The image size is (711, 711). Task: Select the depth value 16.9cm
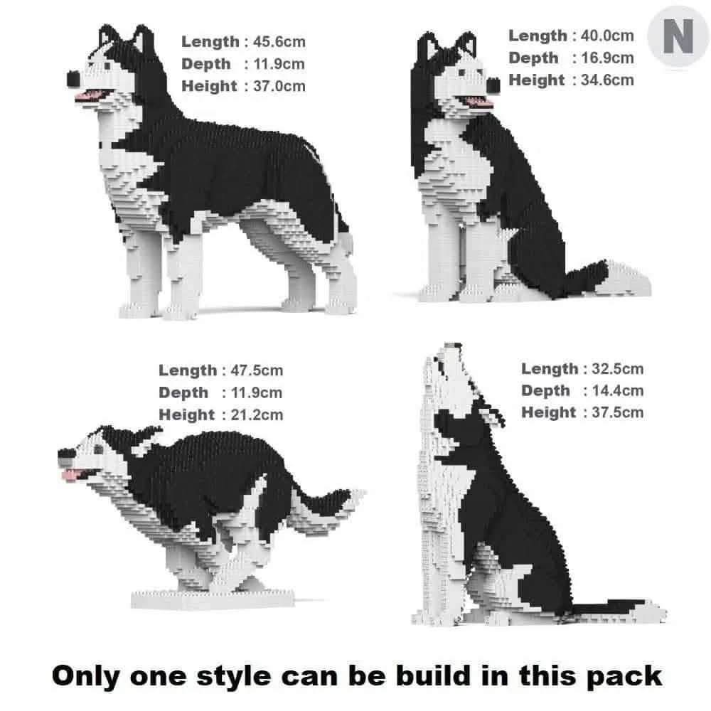click(607, 58)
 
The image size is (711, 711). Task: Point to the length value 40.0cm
click(607, 35)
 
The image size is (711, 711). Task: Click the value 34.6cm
click(607, 80)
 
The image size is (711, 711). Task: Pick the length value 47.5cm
click(257, 370)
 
